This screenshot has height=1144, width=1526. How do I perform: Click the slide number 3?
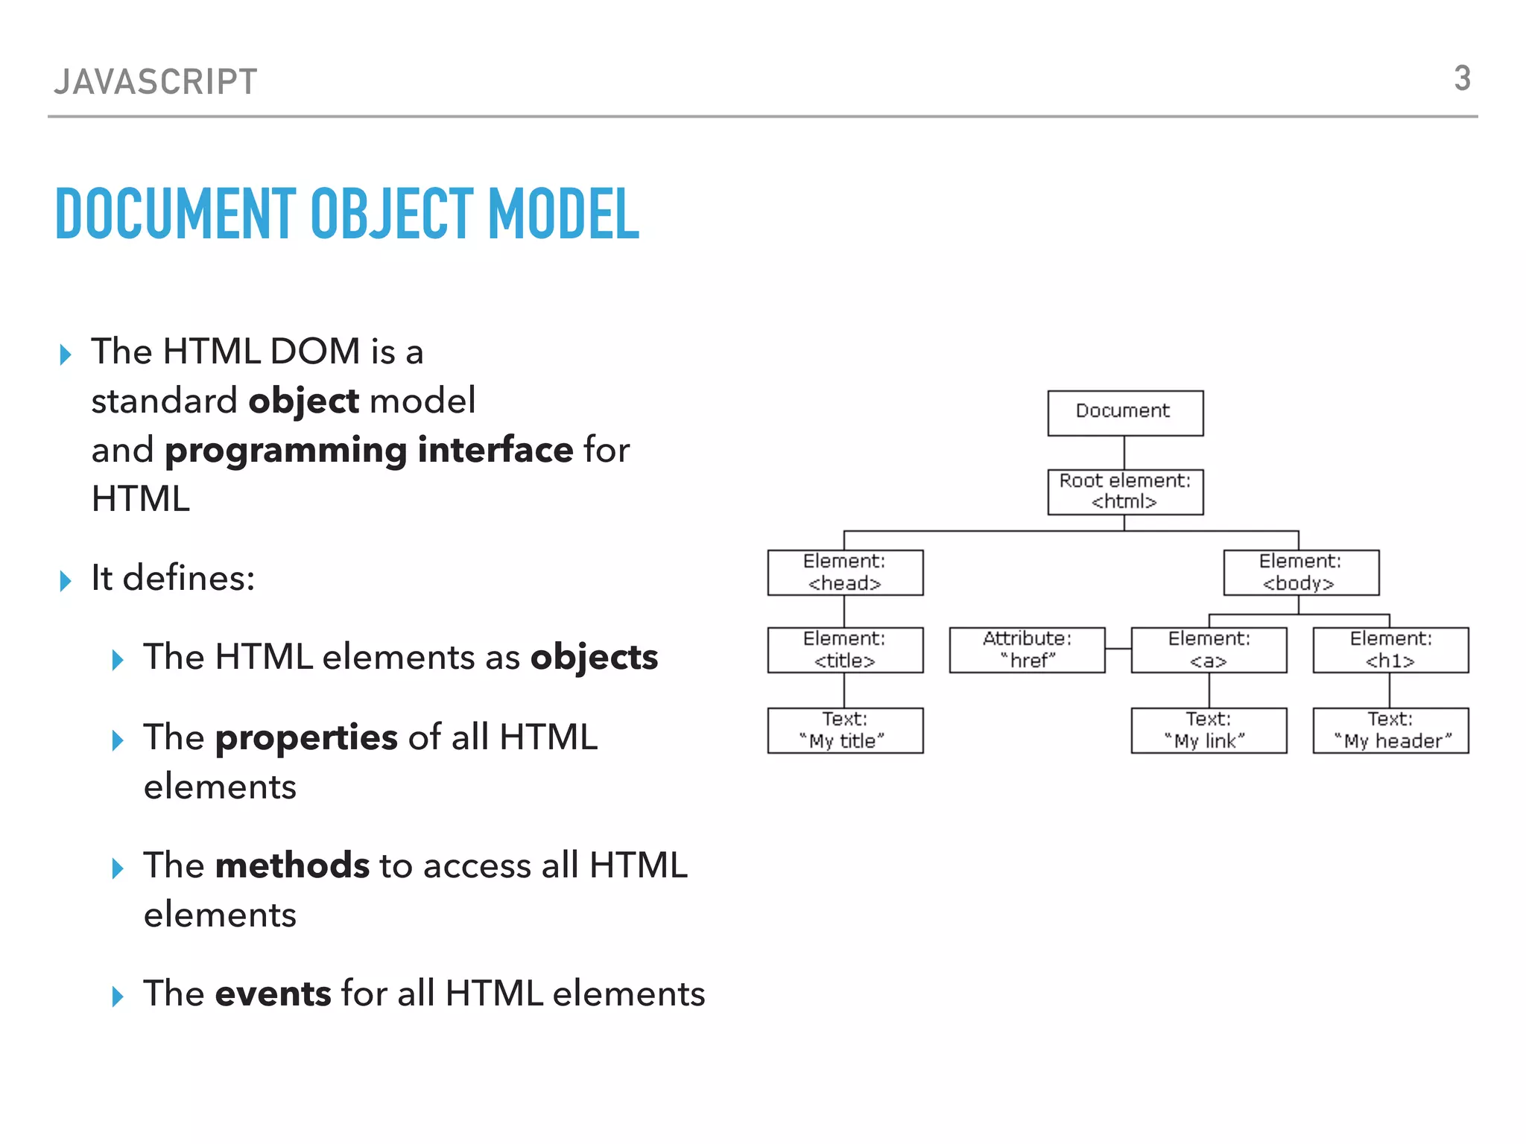click(1462, 79)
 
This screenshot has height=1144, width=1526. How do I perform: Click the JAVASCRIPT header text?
click(156, 82)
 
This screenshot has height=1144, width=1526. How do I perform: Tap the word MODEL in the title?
click(563, 214)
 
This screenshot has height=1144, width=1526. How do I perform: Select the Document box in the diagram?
click(1124, 413)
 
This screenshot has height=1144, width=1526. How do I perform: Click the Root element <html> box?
click(1124, 492)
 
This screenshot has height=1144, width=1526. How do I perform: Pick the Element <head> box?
click(845, 573)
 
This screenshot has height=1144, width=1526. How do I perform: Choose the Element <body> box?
click(1300, 573)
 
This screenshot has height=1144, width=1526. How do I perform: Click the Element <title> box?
click(845, 650)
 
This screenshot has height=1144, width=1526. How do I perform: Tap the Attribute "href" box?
click(1027, 650)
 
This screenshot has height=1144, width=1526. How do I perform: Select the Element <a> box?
click(1209, 650)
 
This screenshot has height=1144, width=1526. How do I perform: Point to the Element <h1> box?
click(1390, 650)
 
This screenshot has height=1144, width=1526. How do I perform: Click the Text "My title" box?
click(845, 731)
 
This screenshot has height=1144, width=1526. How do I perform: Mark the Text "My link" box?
click(1209, 731)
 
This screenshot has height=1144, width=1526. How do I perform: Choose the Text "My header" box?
click(1390, 731)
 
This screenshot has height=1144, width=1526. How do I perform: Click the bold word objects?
click(594, 658)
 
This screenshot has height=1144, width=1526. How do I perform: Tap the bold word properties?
click(306, 738)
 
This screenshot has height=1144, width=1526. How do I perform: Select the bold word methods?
click(292, 866)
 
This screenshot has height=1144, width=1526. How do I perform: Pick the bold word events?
click(273, 994)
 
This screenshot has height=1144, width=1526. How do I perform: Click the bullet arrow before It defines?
click(66, 580)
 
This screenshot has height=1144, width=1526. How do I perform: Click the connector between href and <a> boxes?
click(1118, 649)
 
